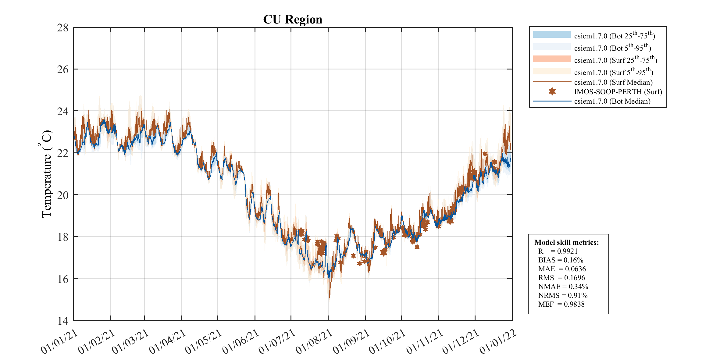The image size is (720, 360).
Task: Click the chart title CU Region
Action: tap(292, 20)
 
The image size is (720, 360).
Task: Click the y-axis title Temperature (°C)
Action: tap(46, 174)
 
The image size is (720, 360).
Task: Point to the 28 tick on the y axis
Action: tap(63, 28)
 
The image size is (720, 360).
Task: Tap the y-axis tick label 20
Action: tap(63, 195)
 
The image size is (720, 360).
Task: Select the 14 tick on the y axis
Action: tap(63, 321)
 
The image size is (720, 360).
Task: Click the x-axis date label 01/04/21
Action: tap(168, 342)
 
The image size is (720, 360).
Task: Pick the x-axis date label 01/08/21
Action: tap(314, 342)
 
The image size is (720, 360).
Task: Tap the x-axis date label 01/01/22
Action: tap(498, 342)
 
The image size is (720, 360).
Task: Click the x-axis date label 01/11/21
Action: tap(425, 342)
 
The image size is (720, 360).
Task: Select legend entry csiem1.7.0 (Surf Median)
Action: tap(613, 82)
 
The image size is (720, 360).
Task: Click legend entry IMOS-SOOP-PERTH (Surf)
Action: tap(618, 92)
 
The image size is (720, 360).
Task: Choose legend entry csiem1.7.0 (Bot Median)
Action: tap(612, 101)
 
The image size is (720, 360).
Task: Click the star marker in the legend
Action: tap(552, 91)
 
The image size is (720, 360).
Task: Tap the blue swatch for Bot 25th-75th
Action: tap(552, 34)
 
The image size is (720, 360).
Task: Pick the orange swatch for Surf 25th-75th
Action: tap(552, 59)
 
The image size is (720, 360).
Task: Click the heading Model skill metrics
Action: tap(566, 242)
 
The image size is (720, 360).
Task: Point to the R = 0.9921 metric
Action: tap(558, 251)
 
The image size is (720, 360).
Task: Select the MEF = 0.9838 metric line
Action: tap(561, 304)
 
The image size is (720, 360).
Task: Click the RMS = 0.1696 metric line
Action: tap(561, 278)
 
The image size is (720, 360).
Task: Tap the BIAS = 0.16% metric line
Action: tap(561, 260)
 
